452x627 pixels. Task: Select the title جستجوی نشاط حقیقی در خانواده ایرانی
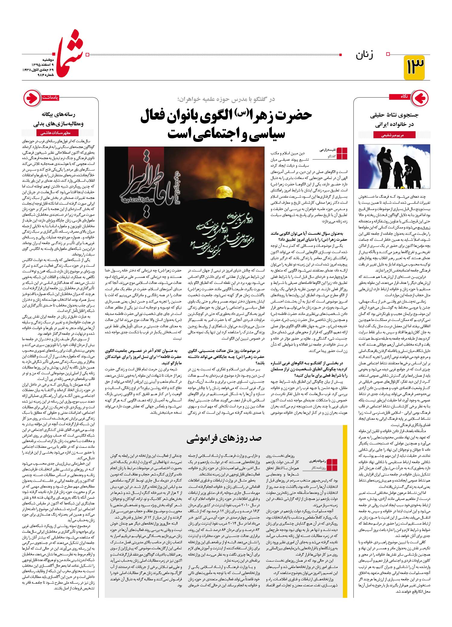pyautogui.click(x=392, y=120)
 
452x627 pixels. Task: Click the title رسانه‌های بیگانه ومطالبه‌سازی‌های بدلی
pyautogui.click(x=61, y=119)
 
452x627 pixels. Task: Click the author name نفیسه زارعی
pyautogui.click(x=327, y=149)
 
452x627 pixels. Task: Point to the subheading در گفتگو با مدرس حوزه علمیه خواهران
pyautogui.click(x=226, y=99)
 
